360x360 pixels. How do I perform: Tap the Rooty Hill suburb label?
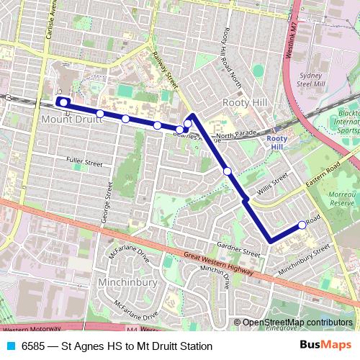point(245,102)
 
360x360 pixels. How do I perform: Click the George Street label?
point(108,202)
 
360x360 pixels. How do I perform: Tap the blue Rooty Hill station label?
point(276,142)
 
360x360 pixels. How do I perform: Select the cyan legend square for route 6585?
point(10,346)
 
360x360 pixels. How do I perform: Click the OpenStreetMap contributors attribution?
point(297,323)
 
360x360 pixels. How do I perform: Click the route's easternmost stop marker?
point(302,225)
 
